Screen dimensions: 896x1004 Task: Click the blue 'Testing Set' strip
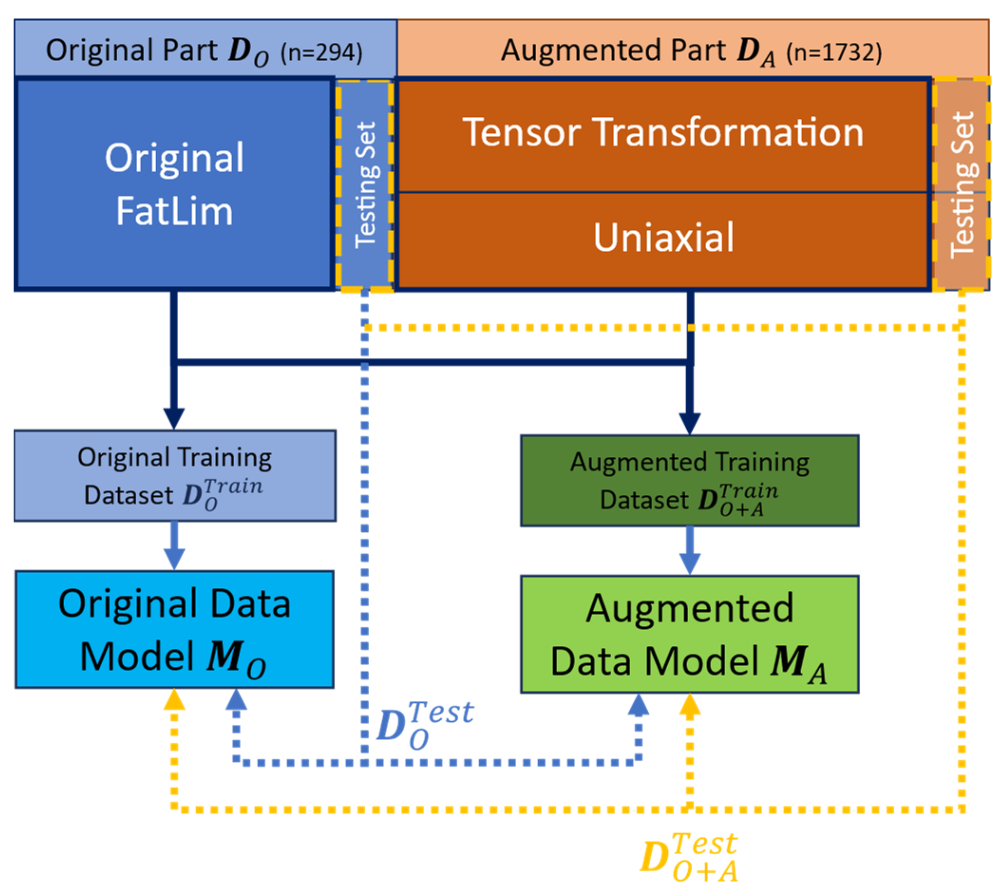[365, 184]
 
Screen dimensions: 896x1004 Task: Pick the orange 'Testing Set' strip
[962, 184]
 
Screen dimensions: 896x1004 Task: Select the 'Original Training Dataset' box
[175, 476]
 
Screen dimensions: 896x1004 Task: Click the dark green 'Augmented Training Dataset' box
[689, 481]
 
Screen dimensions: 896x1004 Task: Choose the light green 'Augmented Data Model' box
[689, 634]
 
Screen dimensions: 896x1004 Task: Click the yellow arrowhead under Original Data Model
[174, 699]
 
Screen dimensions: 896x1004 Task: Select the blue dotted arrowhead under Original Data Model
[237, 699]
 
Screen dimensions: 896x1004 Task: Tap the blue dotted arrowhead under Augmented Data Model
[639, 705]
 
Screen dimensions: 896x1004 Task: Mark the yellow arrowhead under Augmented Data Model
[690, 705]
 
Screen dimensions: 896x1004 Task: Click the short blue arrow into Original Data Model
[174, 547]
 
